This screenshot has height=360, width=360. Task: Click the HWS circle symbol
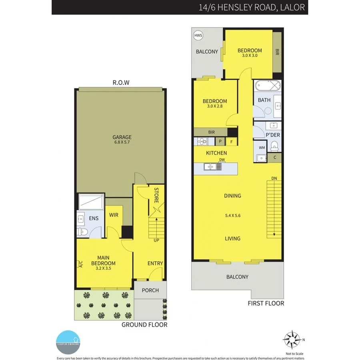click(198, 36)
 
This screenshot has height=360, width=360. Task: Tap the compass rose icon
click(292, 340)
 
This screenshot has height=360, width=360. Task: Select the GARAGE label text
click(122, 137)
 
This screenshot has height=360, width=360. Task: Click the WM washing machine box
click(262, 148)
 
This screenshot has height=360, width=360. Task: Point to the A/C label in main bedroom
click(80, 264)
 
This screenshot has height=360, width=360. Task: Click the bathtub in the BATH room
click(267, 86)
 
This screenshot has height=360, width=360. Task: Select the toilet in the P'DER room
click(275, 146)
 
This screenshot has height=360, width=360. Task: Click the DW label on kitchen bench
click(222, 160)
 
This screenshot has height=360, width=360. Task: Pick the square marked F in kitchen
click(231, 142)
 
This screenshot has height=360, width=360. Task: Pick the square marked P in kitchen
click(220, 142)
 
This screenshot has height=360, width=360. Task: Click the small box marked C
click(275, 158)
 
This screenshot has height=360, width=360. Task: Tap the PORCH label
click(150, 290)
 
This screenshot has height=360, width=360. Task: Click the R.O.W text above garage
click(121, 83)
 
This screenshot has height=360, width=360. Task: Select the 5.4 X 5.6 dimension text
click(232, 216)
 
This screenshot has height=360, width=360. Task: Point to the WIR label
click(114, 215)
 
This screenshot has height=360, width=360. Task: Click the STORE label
click(157, 196)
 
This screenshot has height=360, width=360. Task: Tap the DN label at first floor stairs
click(274, 178)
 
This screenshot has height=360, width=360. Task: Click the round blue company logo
click(68, 342)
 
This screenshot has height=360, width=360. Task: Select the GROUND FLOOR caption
click(144, 324)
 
